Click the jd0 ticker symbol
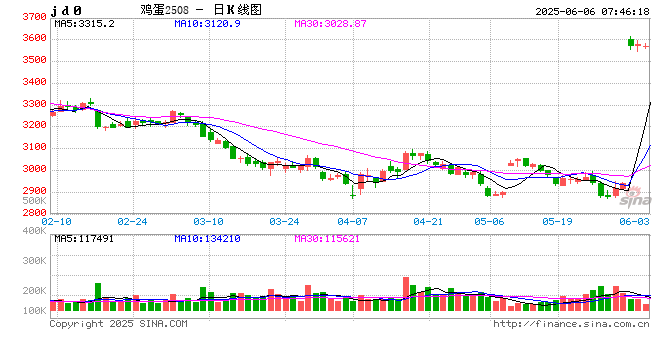(x=67, y=9)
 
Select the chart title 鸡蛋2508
(x=165, y=9)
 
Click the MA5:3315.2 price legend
(x=85, y=22)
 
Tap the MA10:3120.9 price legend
(x=202, y=22)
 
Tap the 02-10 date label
(x=58, y=220)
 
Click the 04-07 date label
(x=353, y=220)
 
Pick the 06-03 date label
(x=635, y=220)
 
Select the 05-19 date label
(x=556, y=220)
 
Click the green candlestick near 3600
(x=631, y=42)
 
